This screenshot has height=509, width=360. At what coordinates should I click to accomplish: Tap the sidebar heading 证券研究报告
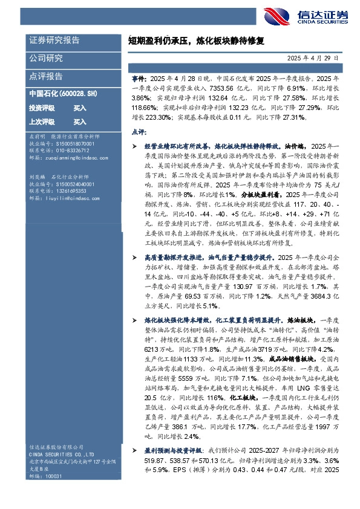click(x=54, y=40)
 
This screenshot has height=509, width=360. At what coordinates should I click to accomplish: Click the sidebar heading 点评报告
click(x=46, y=77)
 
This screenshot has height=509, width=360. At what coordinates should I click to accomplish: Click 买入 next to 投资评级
click(x=80, y=108)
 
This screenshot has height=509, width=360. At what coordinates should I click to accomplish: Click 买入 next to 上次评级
click(x=80, y=122)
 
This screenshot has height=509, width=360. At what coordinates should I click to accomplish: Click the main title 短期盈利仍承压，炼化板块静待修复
click(x=197, y=41)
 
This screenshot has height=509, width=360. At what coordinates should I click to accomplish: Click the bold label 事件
click(x=138, y=79)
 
